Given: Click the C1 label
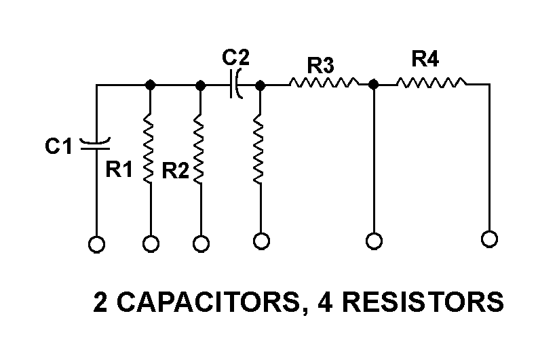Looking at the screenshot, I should click(x=59, y=145).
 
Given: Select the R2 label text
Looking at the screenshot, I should click(x=176, y=171).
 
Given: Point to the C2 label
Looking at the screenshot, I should click(x=235, y=57).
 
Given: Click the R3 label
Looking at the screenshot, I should click(x=320, y=66).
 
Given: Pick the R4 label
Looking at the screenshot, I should click(x=425, y=60).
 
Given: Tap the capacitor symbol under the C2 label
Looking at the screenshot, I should click(x=236, y=85).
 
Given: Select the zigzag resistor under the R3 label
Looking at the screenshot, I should click(x=323, y=84).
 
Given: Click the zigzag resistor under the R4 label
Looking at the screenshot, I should click(x=431, y=84).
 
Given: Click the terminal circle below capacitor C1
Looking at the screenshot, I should click(x=96, y=245).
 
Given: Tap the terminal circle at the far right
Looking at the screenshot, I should click(x=488, y=239).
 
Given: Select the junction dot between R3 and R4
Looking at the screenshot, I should click(x=373, y=85).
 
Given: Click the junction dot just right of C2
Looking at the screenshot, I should click(x=260, y=85).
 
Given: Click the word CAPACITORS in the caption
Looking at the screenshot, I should click(x=207, y=303).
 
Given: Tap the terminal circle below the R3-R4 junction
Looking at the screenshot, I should click(x=373, y=241).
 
